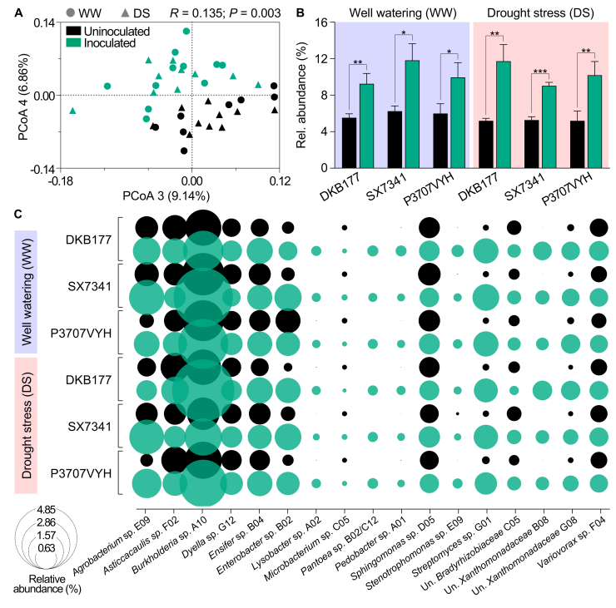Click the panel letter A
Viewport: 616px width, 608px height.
18,13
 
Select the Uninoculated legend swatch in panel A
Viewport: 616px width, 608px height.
73,31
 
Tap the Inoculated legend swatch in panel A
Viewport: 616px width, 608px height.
73,42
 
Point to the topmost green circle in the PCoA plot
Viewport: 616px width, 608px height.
186,31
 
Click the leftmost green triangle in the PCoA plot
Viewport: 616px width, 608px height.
72,111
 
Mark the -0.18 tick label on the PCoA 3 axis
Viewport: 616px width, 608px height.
61,181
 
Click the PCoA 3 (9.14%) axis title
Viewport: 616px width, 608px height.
166,195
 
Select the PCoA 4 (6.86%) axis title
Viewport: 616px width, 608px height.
23,96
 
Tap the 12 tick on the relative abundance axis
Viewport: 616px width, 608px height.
321,58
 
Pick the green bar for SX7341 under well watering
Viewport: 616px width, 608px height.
412,114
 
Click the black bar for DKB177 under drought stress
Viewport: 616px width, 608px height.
485,144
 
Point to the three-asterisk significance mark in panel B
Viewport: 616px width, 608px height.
540,72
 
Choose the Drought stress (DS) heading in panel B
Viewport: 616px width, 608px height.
540,13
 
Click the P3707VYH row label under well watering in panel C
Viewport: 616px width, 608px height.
82,334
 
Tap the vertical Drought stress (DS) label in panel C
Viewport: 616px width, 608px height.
27,425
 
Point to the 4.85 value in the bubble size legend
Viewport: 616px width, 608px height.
47,510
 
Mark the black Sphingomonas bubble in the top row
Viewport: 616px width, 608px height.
429,228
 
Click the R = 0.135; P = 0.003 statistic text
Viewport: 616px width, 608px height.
226,13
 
